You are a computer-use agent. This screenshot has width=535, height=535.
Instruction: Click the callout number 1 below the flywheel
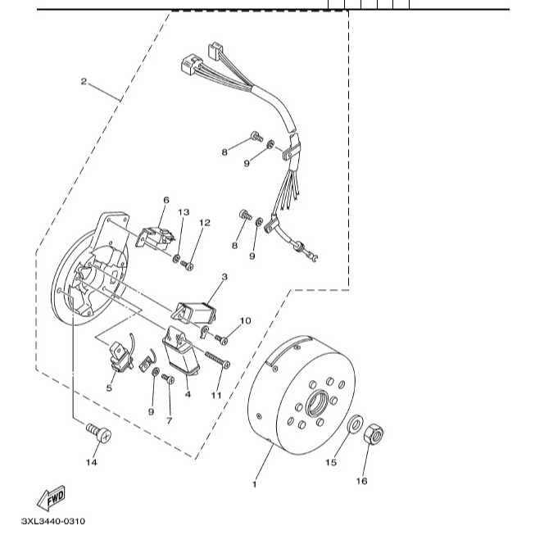pos(254,484)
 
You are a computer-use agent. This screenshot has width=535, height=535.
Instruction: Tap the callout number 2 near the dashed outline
pos(84,82)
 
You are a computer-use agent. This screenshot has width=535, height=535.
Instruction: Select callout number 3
pos(224,277)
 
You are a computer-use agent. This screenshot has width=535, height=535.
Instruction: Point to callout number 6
pos(166,200)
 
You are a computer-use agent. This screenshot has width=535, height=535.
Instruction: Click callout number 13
pos(184,212)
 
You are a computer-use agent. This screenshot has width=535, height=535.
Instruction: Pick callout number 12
pos(205,223)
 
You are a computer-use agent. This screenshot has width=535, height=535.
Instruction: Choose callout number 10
pos(245,320)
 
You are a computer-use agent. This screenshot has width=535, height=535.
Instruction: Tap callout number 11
pos(216,395)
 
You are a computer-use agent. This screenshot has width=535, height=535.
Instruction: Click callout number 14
pos(91,462)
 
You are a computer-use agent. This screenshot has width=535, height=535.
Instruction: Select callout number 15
pos(331,462)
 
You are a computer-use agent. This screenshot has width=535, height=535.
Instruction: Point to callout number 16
pos(361,481)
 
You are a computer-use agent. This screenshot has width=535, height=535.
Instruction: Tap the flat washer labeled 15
pos(356,423)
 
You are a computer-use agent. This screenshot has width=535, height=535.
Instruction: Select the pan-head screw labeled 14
pos(99,433)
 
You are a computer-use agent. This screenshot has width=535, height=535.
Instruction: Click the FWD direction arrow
pos(51,498)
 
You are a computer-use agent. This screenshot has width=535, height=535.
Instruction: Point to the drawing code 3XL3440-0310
pos(53,521)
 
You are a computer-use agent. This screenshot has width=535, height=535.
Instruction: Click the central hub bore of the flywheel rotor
pos(317,403)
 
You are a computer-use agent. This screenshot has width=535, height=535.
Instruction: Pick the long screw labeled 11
pos(217,360)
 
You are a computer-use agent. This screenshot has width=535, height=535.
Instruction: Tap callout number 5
pos(109,388)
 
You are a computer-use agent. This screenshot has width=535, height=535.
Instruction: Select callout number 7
pos(169,421)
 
